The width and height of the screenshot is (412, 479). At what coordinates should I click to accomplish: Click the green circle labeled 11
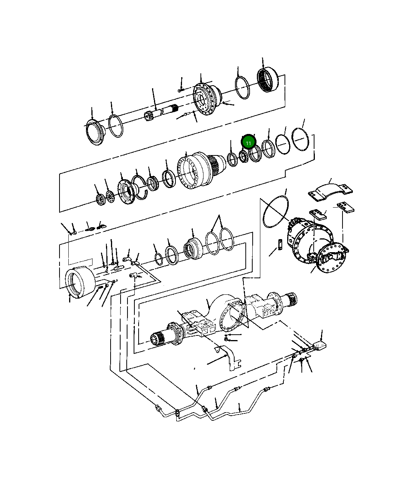248,142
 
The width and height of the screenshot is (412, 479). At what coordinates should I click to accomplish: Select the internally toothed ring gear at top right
268,80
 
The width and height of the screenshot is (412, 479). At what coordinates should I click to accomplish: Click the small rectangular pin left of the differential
281,244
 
